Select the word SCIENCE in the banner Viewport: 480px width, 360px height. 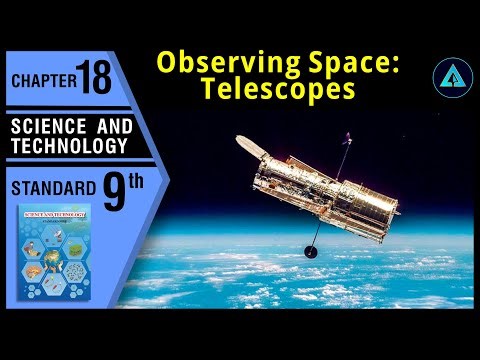click(x=42, y=127)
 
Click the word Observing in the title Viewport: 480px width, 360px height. click(x=212, y=62)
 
